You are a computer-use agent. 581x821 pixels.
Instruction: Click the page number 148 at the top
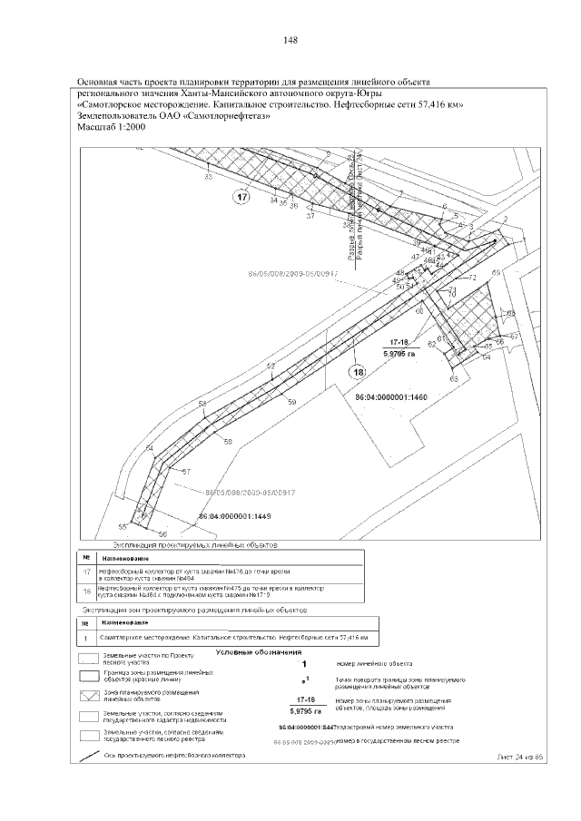290,40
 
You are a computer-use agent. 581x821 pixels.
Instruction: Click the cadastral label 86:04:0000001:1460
390,397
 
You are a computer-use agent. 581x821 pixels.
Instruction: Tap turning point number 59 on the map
291,401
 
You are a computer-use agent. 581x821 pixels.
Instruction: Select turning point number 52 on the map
271,366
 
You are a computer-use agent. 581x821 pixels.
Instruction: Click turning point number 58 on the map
228,441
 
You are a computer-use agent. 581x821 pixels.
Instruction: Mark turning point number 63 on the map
454,377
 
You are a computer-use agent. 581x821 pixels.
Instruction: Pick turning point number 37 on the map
310,217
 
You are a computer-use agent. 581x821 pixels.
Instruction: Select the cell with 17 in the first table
86,572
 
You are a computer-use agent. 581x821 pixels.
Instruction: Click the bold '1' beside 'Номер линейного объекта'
306,662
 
